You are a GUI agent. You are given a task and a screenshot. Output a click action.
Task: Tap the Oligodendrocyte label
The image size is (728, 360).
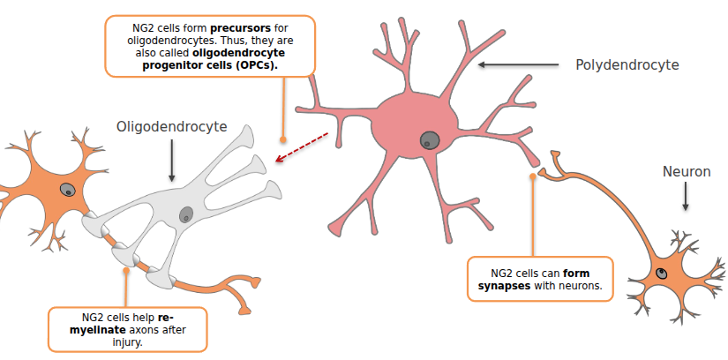(171, 127)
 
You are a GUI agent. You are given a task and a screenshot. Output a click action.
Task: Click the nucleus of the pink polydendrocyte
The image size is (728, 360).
(431, 139)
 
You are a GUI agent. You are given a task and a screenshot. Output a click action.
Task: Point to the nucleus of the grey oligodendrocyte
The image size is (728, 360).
(186, 214)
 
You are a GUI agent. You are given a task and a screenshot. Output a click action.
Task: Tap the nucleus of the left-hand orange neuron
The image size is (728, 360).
(68, 189)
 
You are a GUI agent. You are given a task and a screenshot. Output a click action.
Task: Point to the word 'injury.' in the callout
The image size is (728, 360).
(127, 341)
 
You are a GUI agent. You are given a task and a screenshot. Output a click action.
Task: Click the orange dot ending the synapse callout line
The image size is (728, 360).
(533, 176)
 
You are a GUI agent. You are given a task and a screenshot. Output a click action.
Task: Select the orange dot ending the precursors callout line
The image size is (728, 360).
(282, 139)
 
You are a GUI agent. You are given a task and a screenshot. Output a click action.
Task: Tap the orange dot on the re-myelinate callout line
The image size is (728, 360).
(126, 271)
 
